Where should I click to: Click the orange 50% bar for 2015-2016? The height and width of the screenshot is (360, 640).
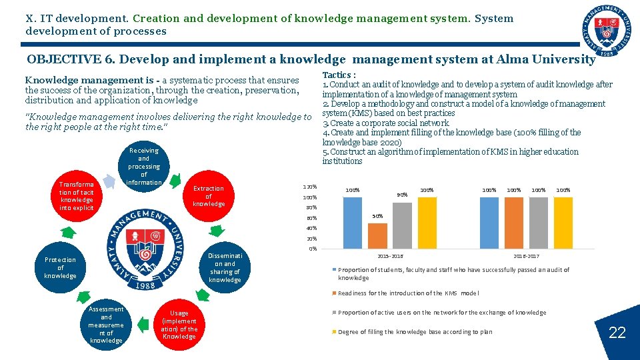(377, 235)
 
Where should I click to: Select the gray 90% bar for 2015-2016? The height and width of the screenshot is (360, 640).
(402, 225)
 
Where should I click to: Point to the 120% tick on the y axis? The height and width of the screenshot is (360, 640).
(310, 187)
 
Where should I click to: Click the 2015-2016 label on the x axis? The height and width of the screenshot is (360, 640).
(390, 256)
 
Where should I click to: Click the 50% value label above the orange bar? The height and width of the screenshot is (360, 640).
(377, 217)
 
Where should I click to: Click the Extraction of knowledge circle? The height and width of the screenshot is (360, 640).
(209, 196)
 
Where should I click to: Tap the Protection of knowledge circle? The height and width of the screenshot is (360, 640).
(60, 267)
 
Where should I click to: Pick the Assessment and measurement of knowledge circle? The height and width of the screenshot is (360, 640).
(107, 325)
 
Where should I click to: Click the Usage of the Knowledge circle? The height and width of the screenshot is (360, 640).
(179, 325)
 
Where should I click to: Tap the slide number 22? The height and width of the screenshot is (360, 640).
(617, 332)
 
